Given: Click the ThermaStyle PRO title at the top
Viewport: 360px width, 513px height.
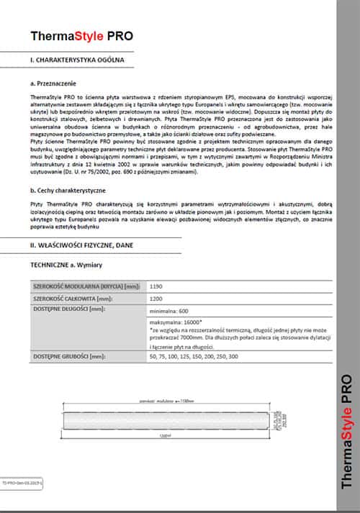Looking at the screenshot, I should [x=81, y=35].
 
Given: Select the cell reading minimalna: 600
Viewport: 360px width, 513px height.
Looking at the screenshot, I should [x=169, y=311].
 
